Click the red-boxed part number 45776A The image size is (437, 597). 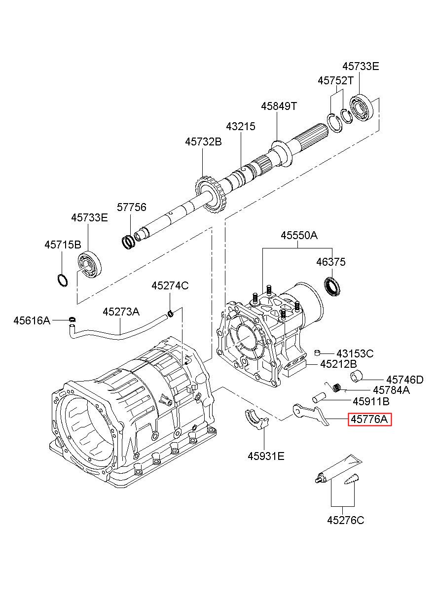369,419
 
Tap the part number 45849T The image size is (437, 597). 279,106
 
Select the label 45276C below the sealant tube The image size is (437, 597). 346,520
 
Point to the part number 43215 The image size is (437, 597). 241,126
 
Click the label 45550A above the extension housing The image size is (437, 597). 299,235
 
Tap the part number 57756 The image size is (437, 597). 132,207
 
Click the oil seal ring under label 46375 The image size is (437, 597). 332,286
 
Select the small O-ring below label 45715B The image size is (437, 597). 63,280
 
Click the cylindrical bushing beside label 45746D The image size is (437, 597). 356,376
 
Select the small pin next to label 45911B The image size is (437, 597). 319,399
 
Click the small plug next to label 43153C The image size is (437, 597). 317,353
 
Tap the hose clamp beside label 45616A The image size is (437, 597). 72,319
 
